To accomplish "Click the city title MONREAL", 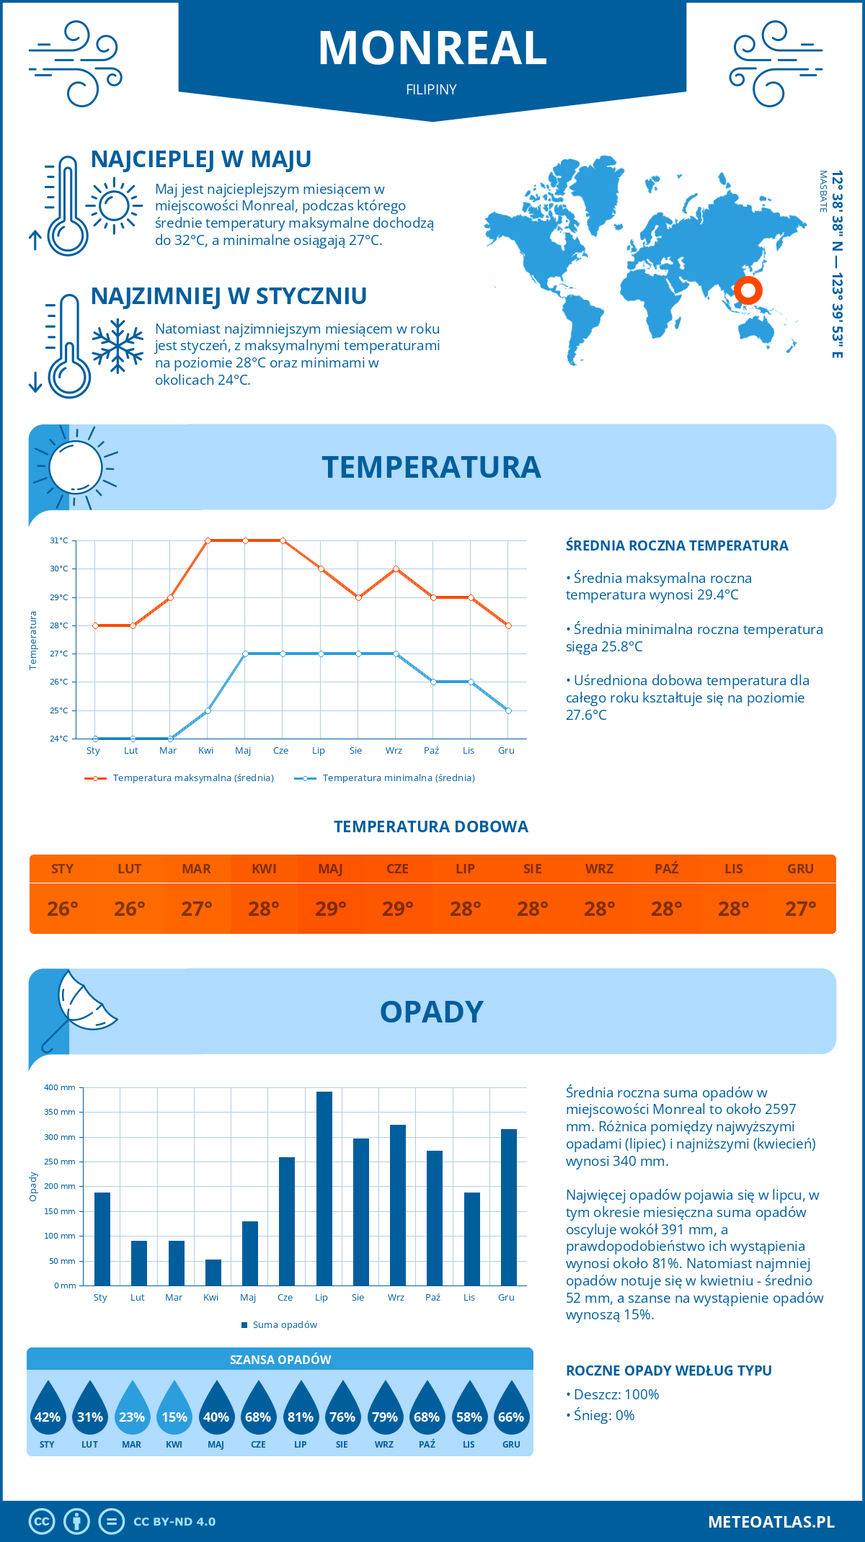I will pos(432,48).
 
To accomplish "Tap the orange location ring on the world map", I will pos(748,290).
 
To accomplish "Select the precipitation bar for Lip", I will pos(324,1188).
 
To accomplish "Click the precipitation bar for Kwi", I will pos(213,1273).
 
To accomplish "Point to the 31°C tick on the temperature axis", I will pos(59,540).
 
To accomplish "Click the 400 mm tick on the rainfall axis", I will pos(61,1087).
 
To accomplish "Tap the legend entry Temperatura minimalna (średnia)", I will pos(398,778).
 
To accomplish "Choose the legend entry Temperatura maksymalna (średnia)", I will pos(192,778).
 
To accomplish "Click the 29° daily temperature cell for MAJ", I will pos(331,909).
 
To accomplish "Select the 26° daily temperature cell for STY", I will pos(63,909).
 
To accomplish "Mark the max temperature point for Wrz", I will pos(396,569).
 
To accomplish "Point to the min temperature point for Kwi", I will pos(208,710).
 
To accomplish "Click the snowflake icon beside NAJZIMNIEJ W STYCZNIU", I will pos(117,346).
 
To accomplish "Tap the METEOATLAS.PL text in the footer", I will pos(771,1522).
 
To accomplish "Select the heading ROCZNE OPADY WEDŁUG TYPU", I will pos(668,1371).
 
